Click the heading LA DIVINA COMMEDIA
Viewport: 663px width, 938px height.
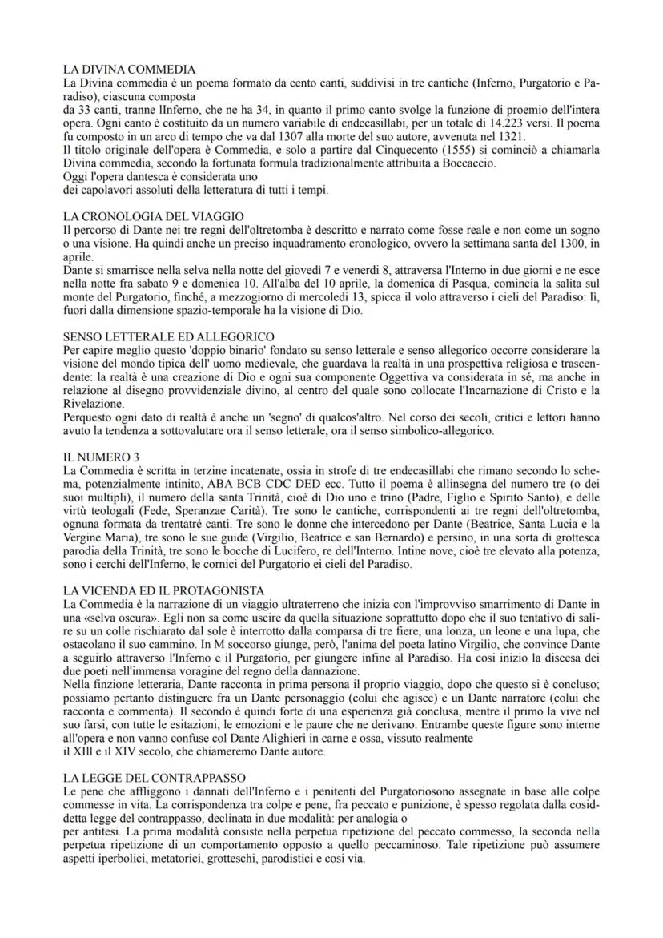coord(129,70)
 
